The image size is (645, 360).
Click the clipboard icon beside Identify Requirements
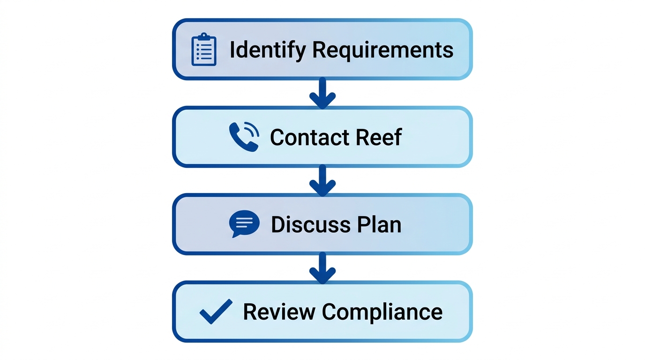pyautogui.click(x=204, y=49)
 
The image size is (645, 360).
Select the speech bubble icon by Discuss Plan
pyautogui.click(x=244, y=224)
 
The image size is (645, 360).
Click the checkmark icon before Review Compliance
pyautogui.click(x=216, y=311)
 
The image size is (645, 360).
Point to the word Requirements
pyautogui.click(x=382, y=50)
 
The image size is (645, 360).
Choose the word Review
pyautogui.click(x=279, y=312)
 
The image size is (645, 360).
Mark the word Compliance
pyautogui.click(x=382, y=312)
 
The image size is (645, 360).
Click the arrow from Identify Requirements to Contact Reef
pyautogui.click(x=322, y=93)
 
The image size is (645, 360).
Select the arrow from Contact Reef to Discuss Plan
pyautogui.click(x=322, y=180)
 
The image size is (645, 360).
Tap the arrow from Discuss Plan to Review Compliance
pyautogui.click(x=322, y=268)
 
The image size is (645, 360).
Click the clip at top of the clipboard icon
pyautogui.click(x=204, y=36)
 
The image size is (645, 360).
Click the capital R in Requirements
pyautogui.click(x=319, y=50)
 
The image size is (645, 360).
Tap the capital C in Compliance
pyautogui.click(x=329, y=312)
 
